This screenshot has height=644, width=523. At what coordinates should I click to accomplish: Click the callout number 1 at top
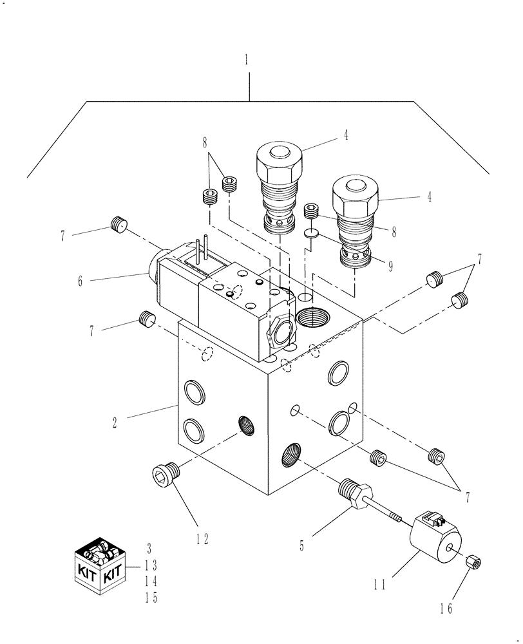coord(247,61)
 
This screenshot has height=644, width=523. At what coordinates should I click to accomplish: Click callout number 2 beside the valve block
coord(114,422)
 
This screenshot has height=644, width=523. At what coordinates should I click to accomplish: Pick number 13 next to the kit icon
coord(151,565)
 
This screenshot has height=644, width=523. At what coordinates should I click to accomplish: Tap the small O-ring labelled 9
coord(310,232)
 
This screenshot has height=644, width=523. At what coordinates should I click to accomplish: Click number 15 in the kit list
coord(151,598)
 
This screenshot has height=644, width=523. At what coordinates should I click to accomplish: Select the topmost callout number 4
coord(346,136)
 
